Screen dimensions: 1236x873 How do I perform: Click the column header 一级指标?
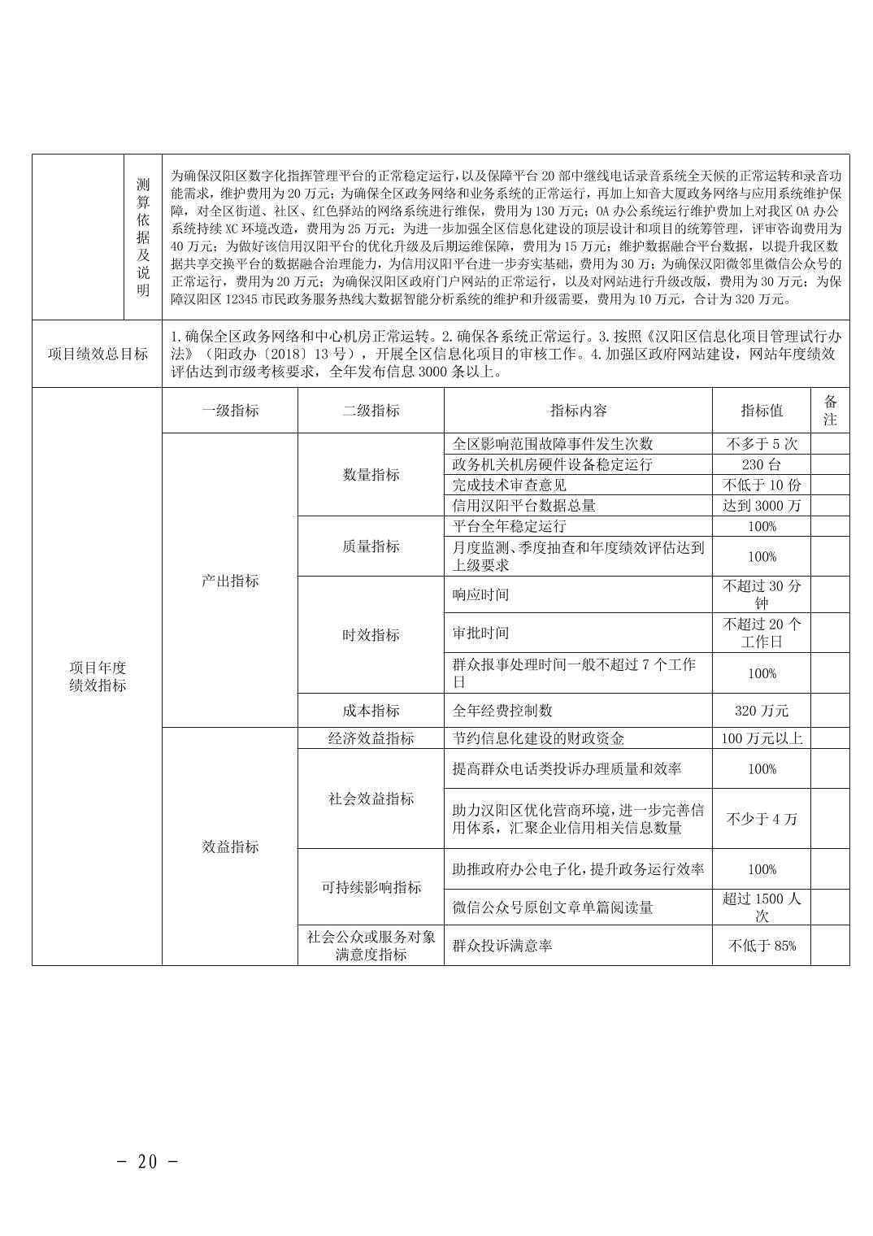tap(230, 411)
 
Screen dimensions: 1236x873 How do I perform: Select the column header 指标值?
tap(762, 411)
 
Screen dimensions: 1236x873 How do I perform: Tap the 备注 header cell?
tap(830, 411)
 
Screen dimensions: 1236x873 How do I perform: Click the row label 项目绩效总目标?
tap(98, 354)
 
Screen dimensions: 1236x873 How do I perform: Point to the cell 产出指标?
tap(230, 581)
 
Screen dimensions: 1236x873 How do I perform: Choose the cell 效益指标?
tap(230, 846)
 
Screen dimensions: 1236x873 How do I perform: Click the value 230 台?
tap(762, 464)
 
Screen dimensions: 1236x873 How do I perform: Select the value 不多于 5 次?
tap(762, 444)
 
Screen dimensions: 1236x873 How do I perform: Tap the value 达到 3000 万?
tap(762, 505)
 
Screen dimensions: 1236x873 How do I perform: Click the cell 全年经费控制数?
tap(502, 710)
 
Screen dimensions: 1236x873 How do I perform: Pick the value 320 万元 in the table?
tap(762, 710)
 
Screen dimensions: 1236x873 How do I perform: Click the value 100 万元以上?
tap(762, 738)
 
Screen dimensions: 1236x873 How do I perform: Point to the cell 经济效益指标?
tap(371, 738)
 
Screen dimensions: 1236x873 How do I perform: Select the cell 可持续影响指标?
tap(371, 887)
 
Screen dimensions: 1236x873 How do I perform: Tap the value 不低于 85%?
tap(762, 946)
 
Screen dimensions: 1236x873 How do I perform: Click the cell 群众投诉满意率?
tap(502, 946)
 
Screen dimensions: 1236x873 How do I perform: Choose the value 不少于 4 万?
tap(762, 819)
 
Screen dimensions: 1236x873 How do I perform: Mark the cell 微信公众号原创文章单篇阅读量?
tap(553, 907)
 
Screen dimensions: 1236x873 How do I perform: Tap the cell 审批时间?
tap(480, 633)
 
